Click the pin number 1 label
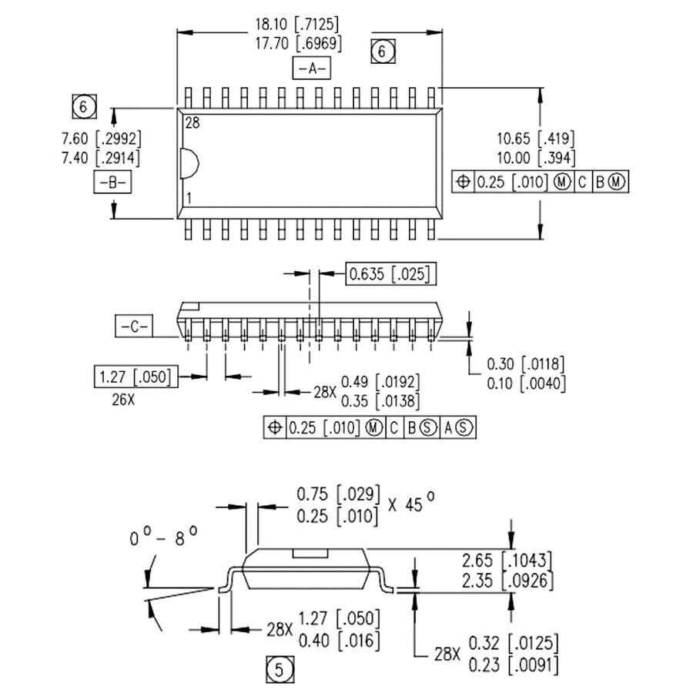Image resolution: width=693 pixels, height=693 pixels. point(187,199)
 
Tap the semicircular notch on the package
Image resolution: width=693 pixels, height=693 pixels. point(188,162)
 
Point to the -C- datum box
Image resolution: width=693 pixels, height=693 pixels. point(135,326)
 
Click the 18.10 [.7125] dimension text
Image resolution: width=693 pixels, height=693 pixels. point(299,24)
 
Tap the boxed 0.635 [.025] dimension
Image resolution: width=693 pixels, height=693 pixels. point(388,274)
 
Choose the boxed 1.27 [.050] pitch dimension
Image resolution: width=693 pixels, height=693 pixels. point(135,377)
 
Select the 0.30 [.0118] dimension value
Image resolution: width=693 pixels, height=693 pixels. point(527,363)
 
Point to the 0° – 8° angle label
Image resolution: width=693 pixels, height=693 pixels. point(164,537)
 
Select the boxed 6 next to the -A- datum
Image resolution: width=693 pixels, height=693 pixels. point(383,52)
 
